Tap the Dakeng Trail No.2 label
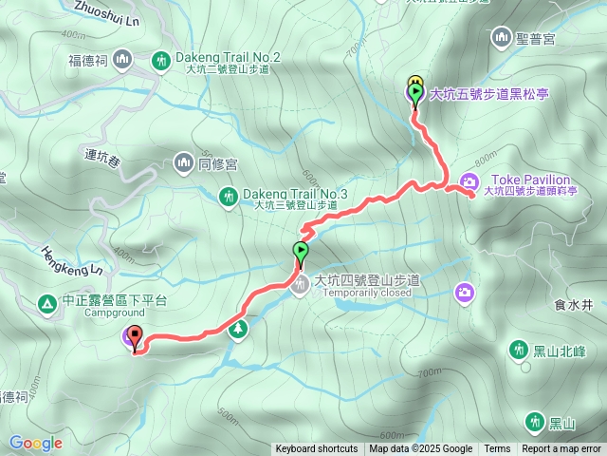pyautogui.click(x=232, y=58)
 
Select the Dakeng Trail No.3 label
pyautogui.click(x=295, y=194)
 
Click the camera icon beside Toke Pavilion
pyautogui.click(x=469, y=182)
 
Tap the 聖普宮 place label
pyautogui.click(x=537, y=39)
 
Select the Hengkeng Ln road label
pyautogui.click(x=70, y=260)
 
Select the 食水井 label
pyautogui.click(x=573, y=305)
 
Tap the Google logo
pyautogui.click(x=36, y=443)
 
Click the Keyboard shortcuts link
pyautogui.click(x=317, y=449)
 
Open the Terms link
pyautogui.click(x=497, y=449)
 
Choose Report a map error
pyautogui.click(x=561, y=449)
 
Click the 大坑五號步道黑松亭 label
pyautogui.click(x=490, y=94)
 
